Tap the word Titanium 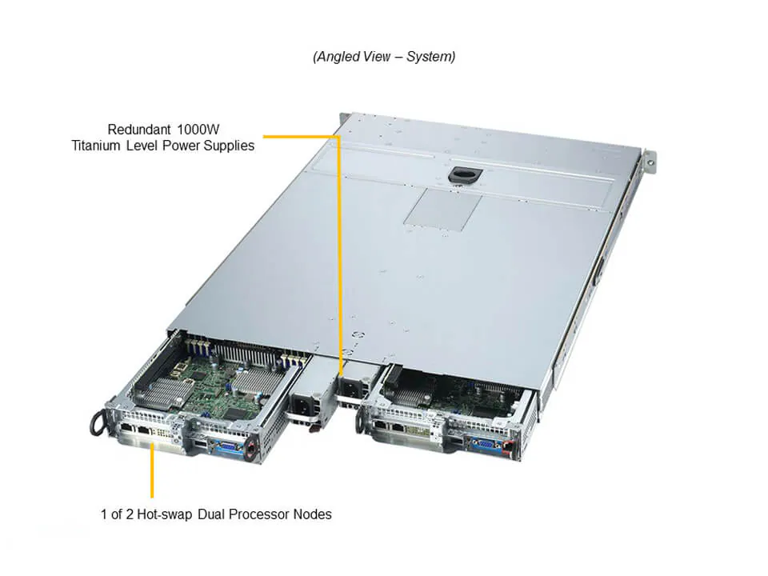click(96, 146)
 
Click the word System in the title click(431, 57)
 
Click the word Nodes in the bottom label click(314, 514)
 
